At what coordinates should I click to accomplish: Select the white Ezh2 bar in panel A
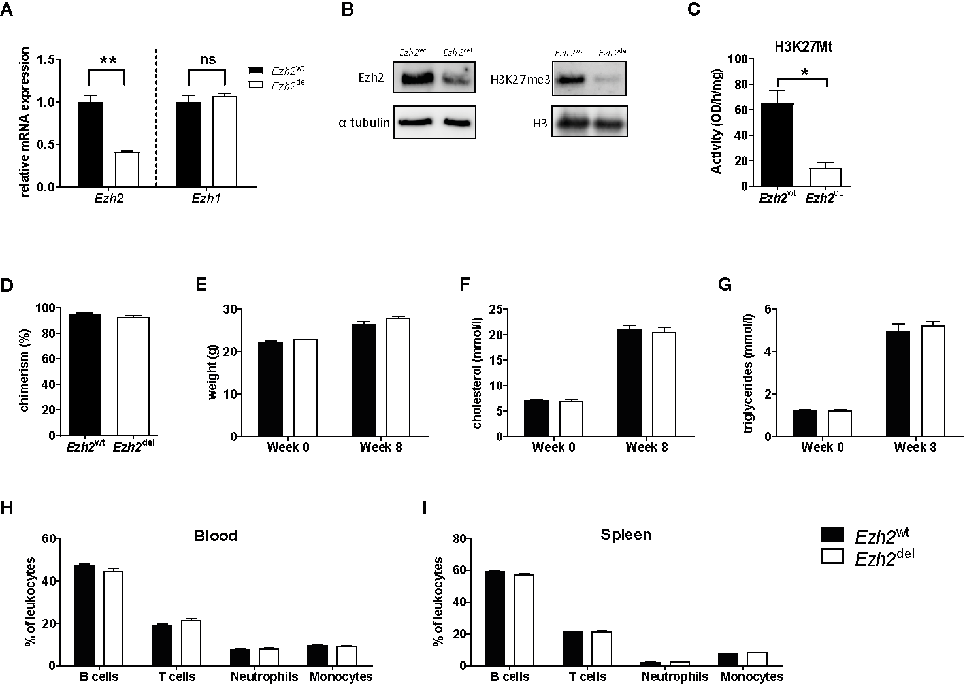(127, 169)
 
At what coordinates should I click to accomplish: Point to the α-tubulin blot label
(364, 122)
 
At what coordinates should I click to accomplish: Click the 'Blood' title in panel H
(216, 537)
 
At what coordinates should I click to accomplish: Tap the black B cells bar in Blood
(84, 615)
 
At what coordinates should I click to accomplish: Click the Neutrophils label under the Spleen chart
(674, 677)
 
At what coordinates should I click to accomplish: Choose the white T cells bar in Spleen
(601, 648)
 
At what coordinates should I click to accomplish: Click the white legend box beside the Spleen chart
(834, 556)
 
